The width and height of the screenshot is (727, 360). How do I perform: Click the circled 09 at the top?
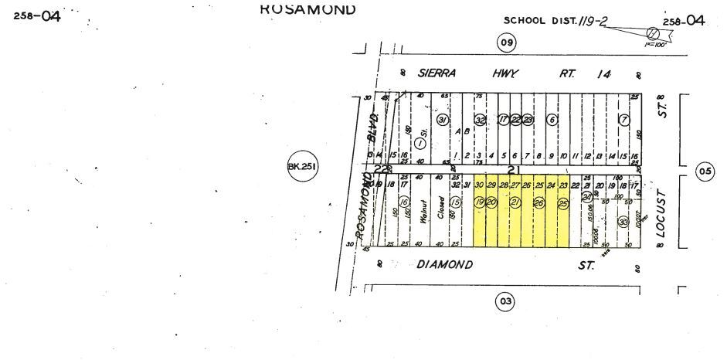tap(505, 43)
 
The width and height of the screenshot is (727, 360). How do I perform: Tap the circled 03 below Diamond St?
tap(504, 301)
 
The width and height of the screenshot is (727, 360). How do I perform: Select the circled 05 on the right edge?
tap(704, 172)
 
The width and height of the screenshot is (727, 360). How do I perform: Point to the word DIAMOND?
tap(444, 264)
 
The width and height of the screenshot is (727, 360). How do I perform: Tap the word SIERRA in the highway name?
tap(437, 73)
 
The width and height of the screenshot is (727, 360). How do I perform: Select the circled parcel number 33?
tap(623, 221)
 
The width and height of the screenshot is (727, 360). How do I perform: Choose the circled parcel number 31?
tap(443, 121)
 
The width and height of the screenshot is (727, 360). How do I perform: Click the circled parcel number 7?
tap(623, 120)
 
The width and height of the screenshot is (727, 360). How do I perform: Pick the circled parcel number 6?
tap(552, 120)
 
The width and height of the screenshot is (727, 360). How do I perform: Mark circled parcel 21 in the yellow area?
tap(515, 202)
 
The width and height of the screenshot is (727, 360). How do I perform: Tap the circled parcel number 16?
tap(403, 202)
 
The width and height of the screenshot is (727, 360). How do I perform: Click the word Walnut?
tap(423, 212)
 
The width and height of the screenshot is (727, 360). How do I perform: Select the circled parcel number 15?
tap(456, 202)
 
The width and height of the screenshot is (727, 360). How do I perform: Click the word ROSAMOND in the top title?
tap(307, 9)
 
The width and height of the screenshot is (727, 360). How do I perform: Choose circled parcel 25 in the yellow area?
tap(562, 202)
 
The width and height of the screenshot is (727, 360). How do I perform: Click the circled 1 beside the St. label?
tap(420, 143)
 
